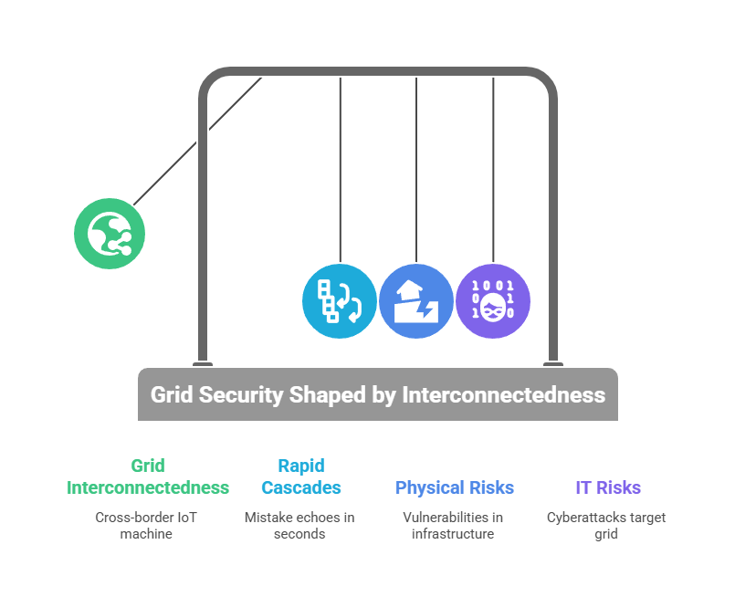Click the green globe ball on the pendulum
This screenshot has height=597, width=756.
110,234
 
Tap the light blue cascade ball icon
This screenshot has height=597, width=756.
340,301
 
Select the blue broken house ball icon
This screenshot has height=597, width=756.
416,301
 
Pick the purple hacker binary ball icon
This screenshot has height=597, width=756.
493,301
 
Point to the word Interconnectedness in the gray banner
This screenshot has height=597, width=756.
503,394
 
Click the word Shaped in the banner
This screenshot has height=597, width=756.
328,395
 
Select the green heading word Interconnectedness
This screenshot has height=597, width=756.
148,487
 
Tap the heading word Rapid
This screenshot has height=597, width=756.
301,466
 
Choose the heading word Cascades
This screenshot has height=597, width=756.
301,487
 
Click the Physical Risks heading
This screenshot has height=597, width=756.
455,487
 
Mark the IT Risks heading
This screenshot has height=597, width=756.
608,487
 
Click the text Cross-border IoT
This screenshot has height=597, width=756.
146,518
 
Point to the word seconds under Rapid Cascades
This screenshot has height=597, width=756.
299,534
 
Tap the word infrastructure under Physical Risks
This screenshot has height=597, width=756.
453,534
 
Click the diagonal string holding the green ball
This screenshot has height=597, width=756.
198,141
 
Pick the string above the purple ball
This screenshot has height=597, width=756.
493,170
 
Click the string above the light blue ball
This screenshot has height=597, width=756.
340,170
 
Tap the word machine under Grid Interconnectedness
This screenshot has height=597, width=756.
146,534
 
